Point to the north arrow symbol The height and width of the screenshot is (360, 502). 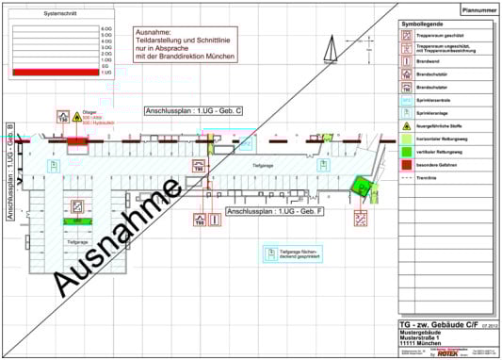pos(332,45)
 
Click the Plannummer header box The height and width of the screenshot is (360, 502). pos(478,9)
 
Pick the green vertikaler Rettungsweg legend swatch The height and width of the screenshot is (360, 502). pos(406,150)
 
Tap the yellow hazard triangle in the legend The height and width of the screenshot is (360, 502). pos(406,124)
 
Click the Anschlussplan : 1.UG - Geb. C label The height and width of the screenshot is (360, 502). pos(194,111)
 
